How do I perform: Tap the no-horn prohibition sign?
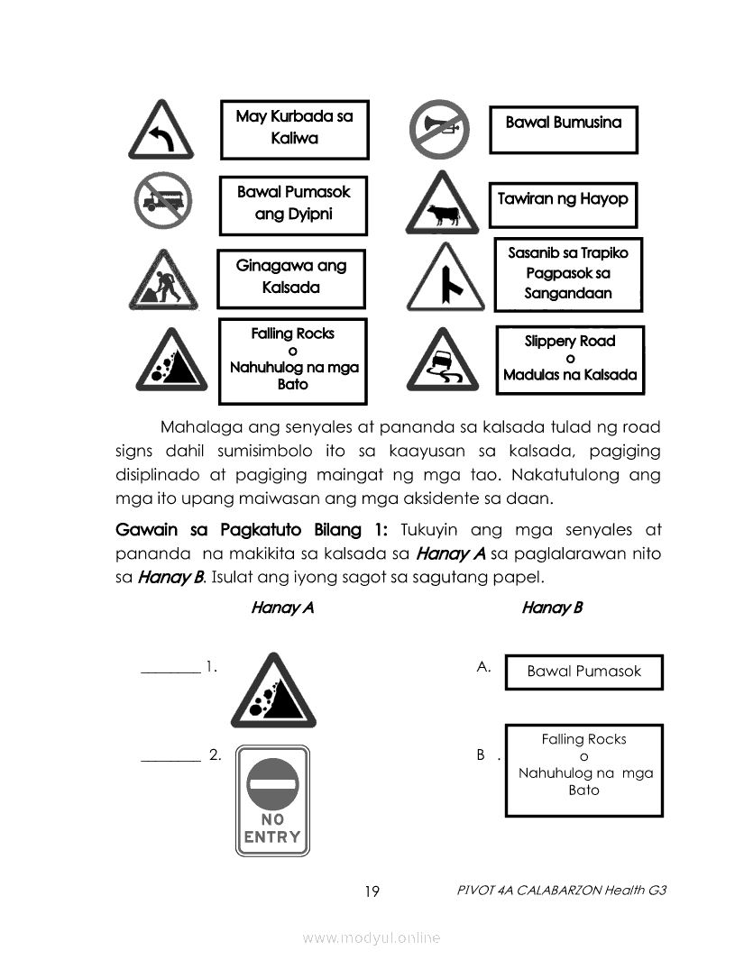[x=436, y=127]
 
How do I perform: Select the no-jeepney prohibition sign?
[x=163, y=203]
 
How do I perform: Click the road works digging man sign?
[x=163, y=281]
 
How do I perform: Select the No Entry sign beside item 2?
[x=272, y=800]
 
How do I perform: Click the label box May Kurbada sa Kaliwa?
[x=294, y=128]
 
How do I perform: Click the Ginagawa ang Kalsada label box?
[x=291, y=277]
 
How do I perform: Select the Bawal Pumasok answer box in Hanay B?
[x=583, y=672]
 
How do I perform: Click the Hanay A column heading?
[x=282, y=608]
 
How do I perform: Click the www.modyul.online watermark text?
[x=372, y=938]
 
